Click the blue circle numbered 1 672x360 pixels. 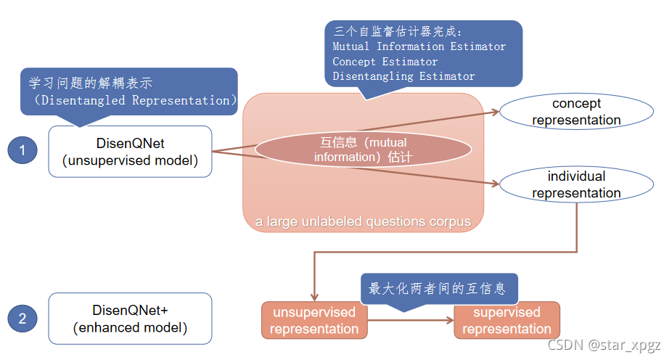pyautogui.click(x=22, y=151)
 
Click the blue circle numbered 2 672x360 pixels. pyautogui.click(x=22, y=318)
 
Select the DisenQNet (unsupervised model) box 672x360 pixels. pyautogui.click(x=131, y=152)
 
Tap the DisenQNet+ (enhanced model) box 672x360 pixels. pyautogui.click(x=131, y=319)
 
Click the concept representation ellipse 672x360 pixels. pyautogui.click(x=576, y=112)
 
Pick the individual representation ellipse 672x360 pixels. pyautogui.click(x=576, y=184)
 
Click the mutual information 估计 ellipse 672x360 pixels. pyautogui.click(x=363, y=149)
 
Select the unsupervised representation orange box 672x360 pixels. pyautogui.click(x=314, y=320)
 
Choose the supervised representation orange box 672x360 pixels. pyautogui.click(x=507, y=320)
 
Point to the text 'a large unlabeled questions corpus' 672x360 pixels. pyautogui.click(x=363, y=221)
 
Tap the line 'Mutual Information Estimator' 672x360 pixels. pyautogui.click(x=419, y=46)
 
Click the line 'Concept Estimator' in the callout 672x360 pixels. pyautogui.click(x=385, y=62)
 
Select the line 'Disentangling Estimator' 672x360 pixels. pyautogui.click(x=403, y=76)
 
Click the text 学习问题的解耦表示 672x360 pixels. pyautogui.click(x=90, y=82)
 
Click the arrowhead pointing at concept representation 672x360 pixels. pyautogui.click(x=495, y=112)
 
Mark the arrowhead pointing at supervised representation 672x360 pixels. pyautogui.click(x=450, y=320)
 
